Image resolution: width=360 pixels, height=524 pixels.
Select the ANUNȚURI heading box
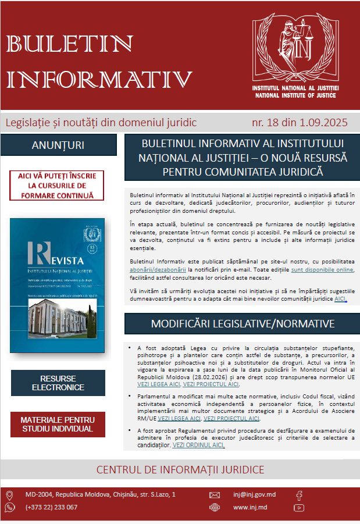coord(58,145)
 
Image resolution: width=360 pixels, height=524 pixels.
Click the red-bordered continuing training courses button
coord(57,186)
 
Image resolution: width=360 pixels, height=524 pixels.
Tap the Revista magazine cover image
coord(57,286)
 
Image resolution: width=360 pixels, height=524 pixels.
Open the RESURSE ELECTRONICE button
coord(58,382)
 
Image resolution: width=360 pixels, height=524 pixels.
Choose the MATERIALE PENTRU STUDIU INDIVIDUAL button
coord(58,424)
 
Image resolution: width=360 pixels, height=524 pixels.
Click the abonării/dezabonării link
coord(158,269)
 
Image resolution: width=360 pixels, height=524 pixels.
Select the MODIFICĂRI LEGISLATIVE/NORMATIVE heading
coord(242,323)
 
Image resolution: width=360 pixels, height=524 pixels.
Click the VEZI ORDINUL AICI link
coord(198,445)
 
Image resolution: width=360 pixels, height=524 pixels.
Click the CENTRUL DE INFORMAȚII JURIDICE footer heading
coord(180,469)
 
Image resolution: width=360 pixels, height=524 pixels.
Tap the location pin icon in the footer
coord(9,496)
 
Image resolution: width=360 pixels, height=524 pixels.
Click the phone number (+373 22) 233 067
coord(51,507)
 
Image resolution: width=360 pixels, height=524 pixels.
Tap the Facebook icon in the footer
coord(299,496)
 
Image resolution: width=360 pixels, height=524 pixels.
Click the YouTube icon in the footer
coord(299,508)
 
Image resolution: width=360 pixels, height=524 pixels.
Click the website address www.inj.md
coord(249,507)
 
